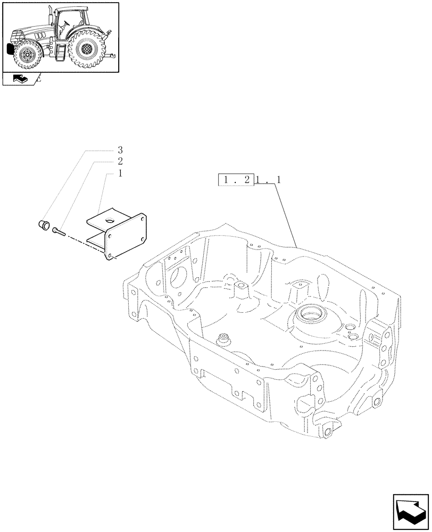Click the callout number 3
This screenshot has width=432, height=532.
pos(120,150)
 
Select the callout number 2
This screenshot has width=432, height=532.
pos(120,162)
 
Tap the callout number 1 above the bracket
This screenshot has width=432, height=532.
pos(120,173)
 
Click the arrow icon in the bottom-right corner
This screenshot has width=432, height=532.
pos(410,511)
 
